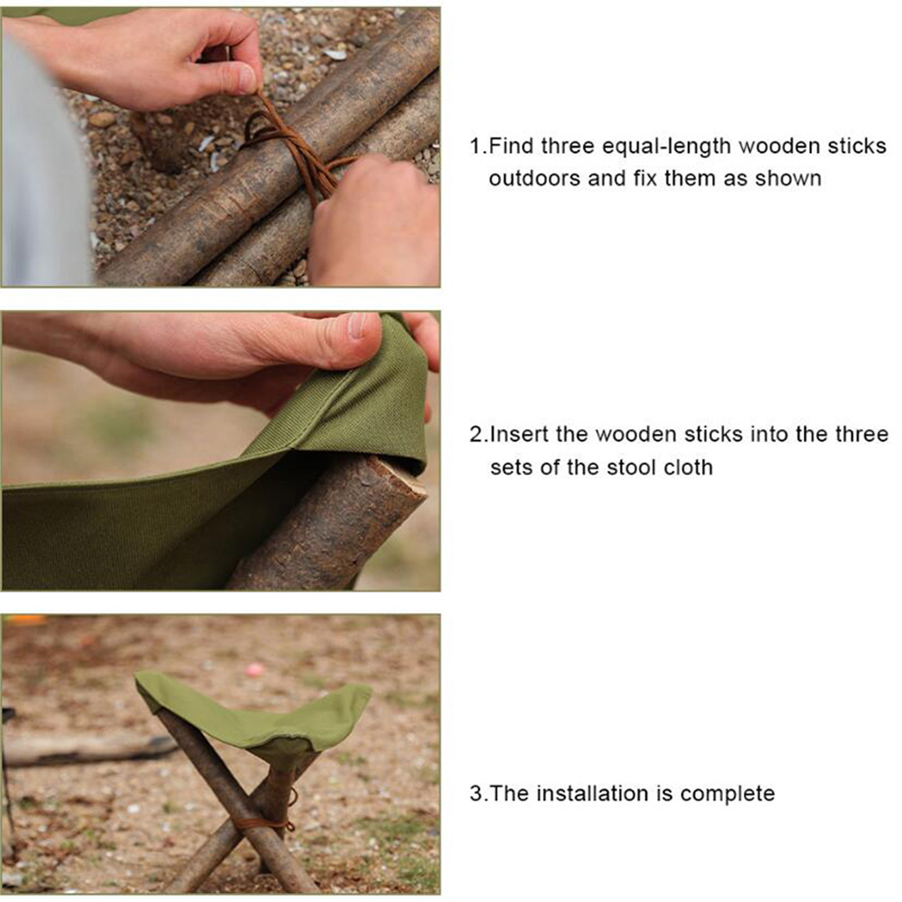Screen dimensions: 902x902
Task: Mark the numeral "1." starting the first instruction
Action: tap(479, 146)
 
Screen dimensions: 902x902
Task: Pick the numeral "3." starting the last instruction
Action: tap(479, 793)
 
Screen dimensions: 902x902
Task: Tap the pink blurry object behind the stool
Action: tap(254, 670)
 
